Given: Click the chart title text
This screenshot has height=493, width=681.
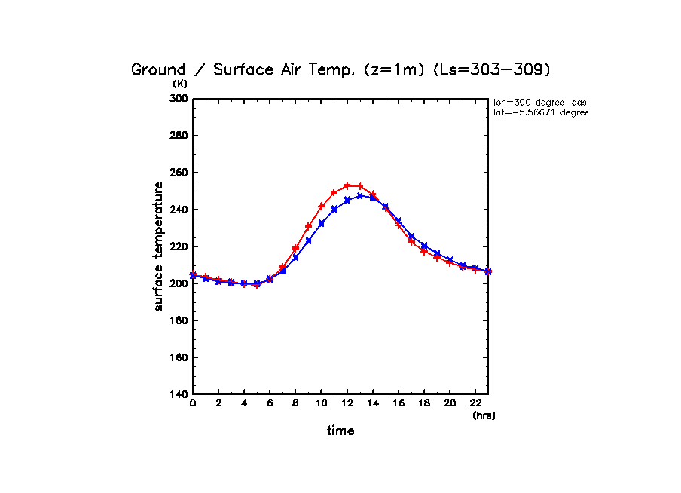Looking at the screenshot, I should pos(341,69).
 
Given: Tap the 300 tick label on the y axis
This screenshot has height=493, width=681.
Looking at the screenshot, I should pos(178,99).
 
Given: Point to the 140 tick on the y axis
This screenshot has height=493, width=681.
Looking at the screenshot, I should pos(178,394).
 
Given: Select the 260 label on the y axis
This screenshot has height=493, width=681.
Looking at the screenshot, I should pos(178,173).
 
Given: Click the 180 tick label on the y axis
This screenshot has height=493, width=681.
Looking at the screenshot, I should pos(178,320).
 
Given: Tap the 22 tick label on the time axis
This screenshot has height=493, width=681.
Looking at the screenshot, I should pos(475,403).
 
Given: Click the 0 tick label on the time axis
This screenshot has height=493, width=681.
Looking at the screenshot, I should pos(193,403).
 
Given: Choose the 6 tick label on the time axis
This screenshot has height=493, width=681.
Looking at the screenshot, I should pos(270,403).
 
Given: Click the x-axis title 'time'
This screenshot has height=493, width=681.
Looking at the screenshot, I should pos(340,431).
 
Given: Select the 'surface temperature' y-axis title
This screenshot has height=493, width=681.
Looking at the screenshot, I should pos(159,246).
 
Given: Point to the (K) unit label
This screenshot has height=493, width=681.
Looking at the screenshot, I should pos(180,84).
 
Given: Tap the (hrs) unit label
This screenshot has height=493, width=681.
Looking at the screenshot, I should pos(484,415).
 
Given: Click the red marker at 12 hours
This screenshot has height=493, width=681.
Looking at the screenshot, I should pos(347,185).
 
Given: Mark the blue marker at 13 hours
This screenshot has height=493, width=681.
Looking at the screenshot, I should pos(360,196).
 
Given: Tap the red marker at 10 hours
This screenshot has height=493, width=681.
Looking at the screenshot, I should pos(322,206).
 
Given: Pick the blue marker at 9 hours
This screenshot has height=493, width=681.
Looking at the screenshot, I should pos(309,240).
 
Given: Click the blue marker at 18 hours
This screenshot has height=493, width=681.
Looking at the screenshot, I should pos(424,246).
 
